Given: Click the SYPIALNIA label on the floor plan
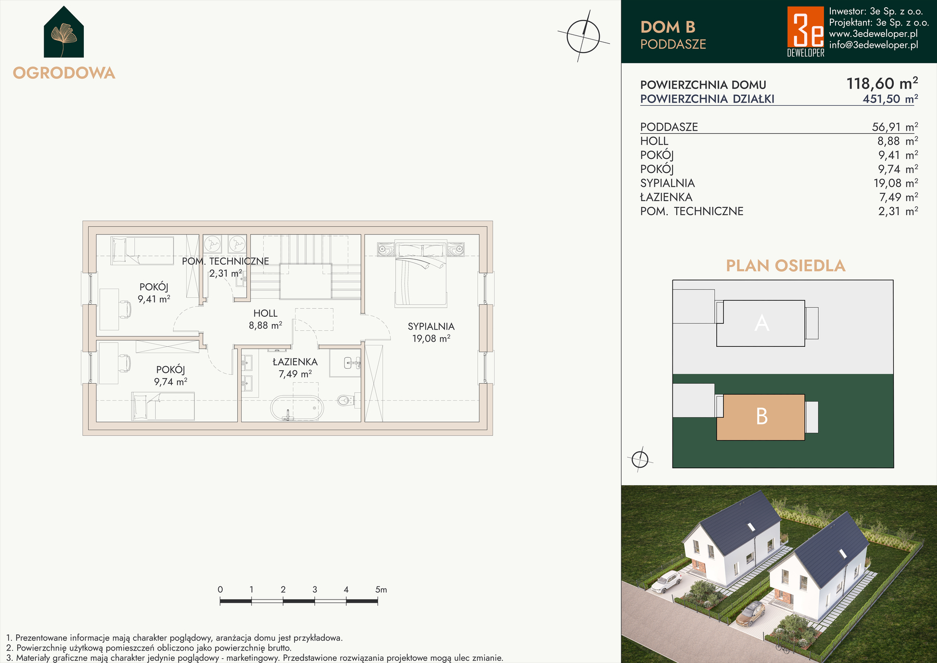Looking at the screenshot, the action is [431, 327].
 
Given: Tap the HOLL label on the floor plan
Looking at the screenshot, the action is [265, 314].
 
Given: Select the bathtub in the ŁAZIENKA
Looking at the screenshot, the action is [297, 408].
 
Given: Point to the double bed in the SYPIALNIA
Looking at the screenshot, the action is [421, 273].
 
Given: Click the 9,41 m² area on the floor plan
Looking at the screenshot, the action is [154, 299].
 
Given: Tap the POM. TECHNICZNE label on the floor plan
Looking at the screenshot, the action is [225, 261].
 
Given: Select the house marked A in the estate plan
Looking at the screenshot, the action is [761, 323].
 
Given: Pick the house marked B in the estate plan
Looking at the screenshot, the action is [761, 417].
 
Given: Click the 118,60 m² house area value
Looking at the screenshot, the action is [882, 83].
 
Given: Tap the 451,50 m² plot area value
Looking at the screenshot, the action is [890, 99].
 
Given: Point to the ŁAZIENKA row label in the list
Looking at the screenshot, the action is [666, 197].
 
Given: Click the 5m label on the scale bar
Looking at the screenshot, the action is [381, 590].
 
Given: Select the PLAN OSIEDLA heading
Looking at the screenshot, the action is [786, 266].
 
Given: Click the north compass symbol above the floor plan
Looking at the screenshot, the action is [584, 36].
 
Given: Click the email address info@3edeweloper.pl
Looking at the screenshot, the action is [873, 45].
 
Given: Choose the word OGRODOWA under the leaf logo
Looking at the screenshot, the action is [64, 73].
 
